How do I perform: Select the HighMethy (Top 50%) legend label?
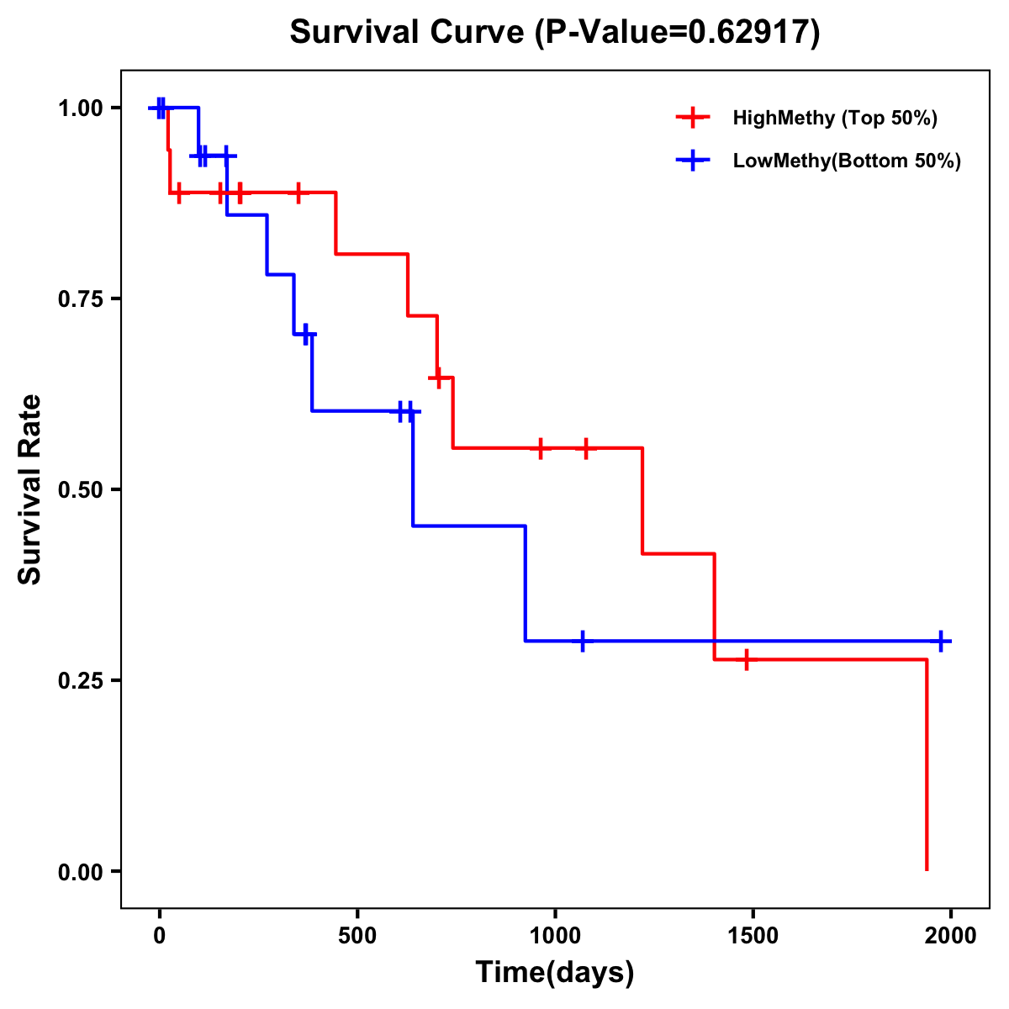tap(835, 118)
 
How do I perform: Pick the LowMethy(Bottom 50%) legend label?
tap(847, 161)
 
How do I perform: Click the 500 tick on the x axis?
tap(357, 936)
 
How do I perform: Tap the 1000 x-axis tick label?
tap(555, 936)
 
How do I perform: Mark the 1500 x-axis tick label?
tap(753, 936)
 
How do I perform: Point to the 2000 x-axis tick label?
tap(950, 936)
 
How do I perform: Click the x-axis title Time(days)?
tap(555, 973)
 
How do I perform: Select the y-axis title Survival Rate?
tap(30, 489)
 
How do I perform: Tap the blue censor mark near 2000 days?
tap(941, 641)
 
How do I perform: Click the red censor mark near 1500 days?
tap(746, 660)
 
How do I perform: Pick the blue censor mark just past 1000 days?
tap(582, 641)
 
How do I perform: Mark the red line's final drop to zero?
tap(927, 765)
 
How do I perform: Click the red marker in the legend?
tap(693, 118)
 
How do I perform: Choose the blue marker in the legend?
tap(693, 161)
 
